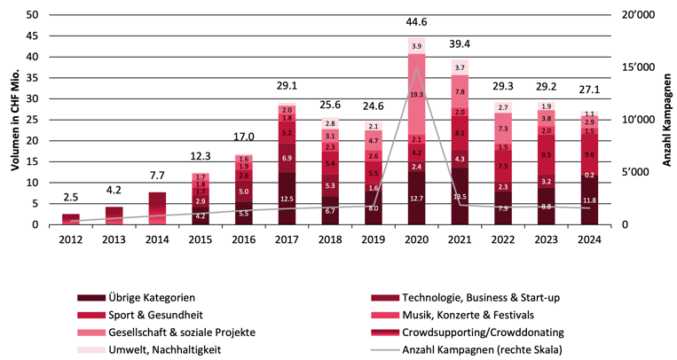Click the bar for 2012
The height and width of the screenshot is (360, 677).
click(x=70, y=219)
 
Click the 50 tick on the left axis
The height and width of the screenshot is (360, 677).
click(x=31, y=15)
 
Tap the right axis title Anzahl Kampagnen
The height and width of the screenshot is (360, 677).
click(x=666, y=119)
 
